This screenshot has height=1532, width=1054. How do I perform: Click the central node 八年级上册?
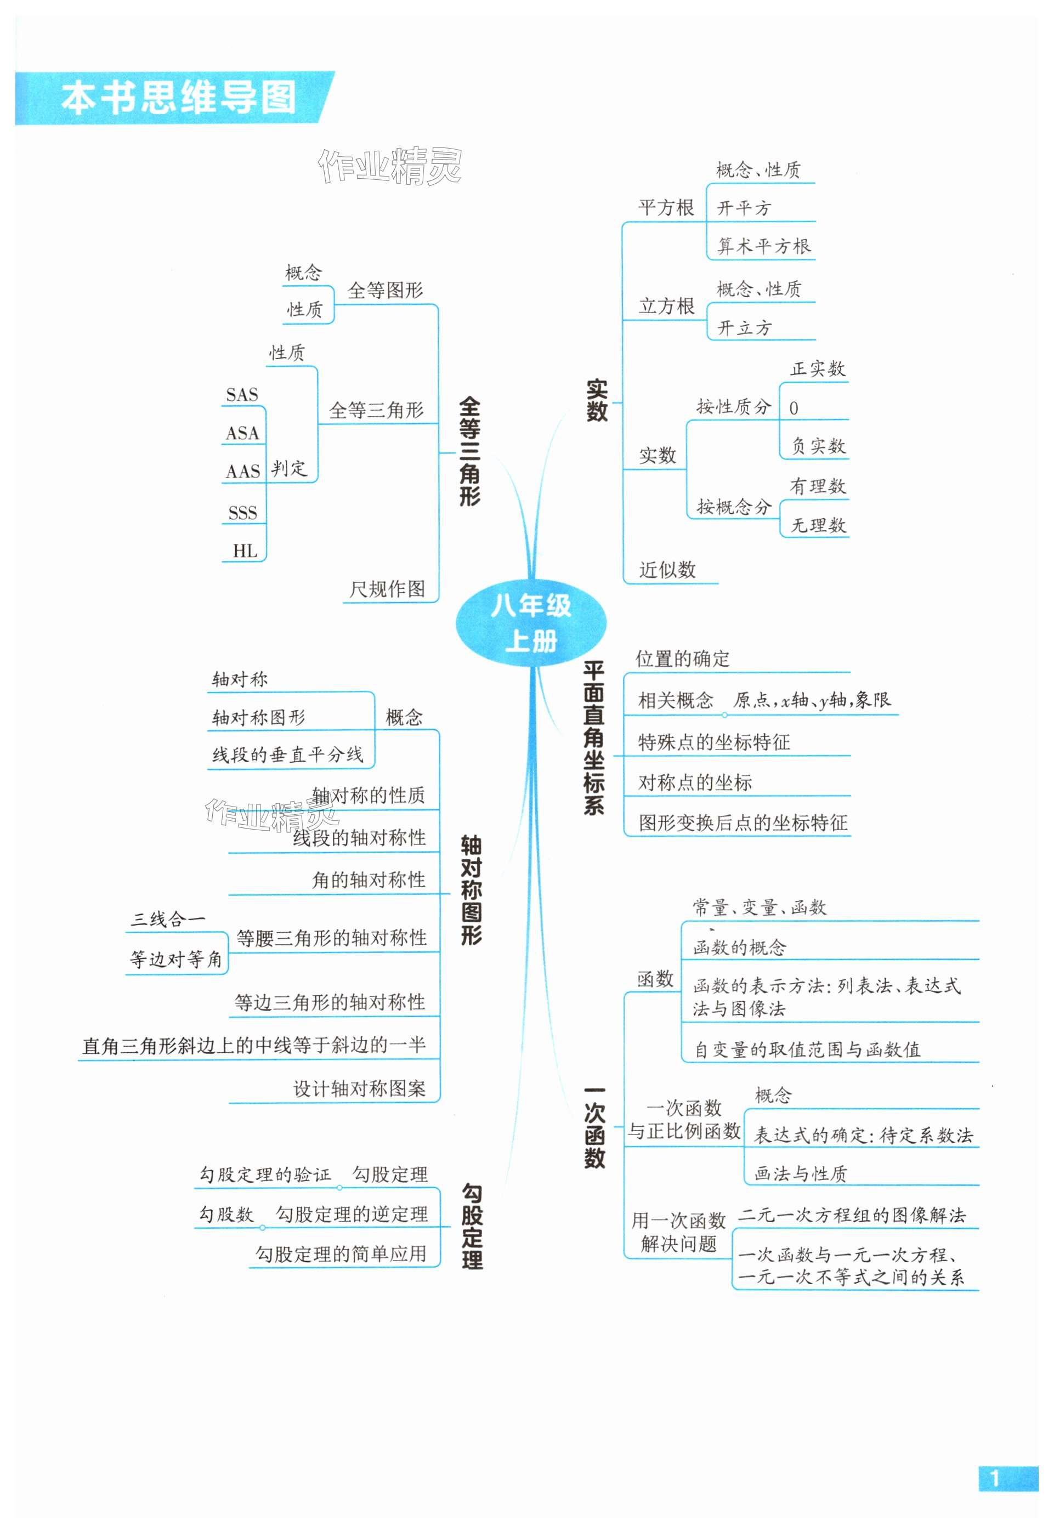530,623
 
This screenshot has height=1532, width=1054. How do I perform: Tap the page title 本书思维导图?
178,98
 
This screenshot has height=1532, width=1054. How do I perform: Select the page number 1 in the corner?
995,1478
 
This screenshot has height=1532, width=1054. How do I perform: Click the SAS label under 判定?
242,395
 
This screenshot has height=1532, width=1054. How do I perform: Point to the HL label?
245,551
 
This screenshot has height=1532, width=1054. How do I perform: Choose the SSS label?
242,513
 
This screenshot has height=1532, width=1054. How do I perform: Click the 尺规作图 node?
387,588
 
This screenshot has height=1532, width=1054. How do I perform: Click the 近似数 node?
667,569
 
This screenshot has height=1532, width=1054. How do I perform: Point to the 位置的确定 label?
682,659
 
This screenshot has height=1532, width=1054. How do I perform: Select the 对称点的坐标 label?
695,782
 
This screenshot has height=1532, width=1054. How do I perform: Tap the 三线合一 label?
168,918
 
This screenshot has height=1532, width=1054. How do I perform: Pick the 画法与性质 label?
801,1173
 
